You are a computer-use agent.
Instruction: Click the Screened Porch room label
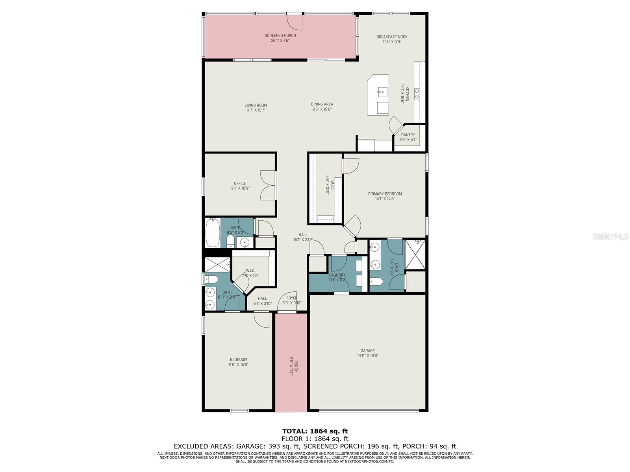tap(280, 35)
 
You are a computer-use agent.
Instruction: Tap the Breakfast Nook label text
tap(392, 37)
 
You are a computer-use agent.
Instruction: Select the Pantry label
tap(408, 135)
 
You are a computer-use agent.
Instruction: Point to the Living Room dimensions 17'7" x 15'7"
tap(256, 110)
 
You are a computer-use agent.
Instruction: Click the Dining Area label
tap(322, 104)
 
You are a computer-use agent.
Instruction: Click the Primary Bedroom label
tap(385, 194)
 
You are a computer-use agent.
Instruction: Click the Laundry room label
tap(337, 275)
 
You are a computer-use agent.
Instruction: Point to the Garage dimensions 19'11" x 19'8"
tap(367, 356)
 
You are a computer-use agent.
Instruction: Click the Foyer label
tap(292, 298)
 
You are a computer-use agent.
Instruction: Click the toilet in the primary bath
tap(376, 282)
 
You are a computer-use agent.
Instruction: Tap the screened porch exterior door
tap(295, 22)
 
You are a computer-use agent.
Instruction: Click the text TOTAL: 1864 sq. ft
tap(315, 431)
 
